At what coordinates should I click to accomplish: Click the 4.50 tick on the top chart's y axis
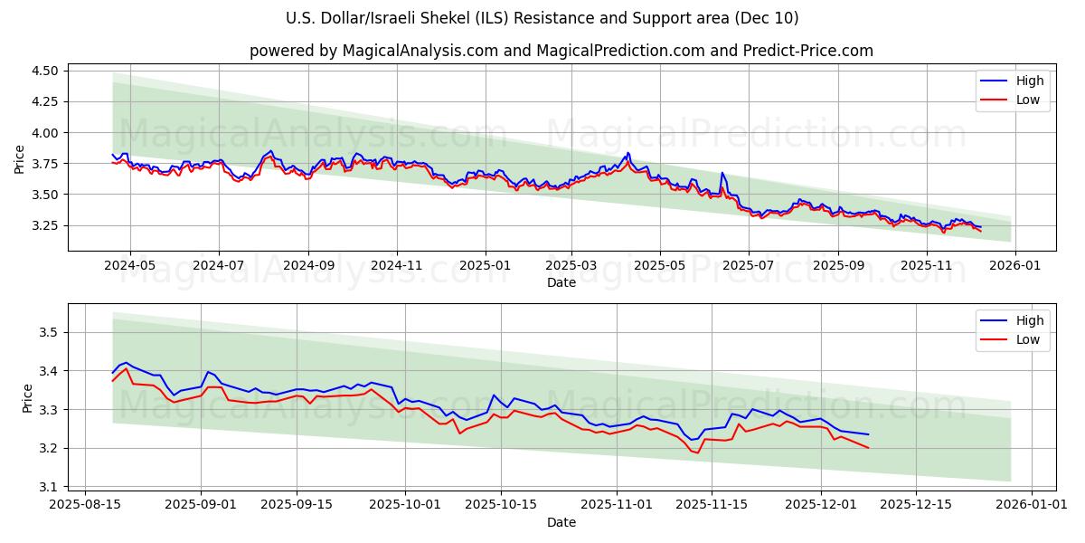(45, 71)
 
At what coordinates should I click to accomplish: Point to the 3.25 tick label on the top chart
(45, 225)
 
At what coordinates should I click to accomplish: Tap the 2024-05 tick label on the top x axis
(130, 266)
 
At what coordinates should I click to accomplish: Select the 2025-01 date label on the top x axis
(486, 266)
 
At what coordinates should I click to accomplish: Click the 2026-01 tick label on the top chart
(1015, 266)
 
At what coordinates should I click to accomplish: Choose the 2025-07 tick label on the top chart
(748, 266)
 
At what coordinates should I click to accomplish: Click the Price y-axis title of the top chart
(20, 159)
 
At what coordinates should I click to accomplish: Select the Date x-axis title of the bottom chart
(561, 522)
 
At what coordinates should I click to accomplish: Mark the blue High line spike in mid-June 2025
(722, 173)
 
